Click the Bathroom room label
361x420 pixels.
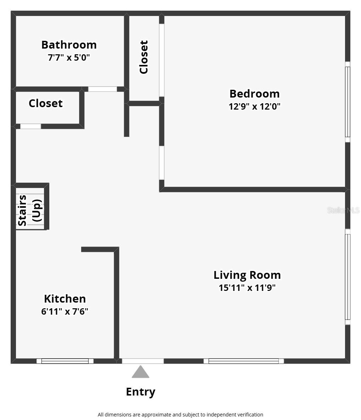coord(69,45)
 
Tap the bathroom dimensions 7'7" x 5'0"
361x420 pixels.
coord(69,57)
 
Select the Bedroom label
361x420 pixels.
coord(254,94)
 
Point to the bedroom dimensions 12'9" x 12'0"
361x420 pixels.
coord(254,106)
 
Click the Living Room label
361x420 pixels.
coord(247,275)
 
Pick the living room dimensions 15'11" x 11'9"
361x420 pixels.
coord(247,287)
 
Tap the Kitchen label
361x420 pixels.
coord(65,299)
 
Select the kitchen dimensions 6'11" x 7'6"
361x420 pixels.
coord(65,311)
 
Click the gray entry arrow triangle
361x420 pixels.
coord(140,372)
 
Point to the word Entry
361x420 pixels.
coord(140,392)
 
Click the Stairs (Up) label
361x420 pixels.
coord(30,210)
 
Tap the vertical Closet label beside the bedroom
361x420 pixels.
coord(144,57)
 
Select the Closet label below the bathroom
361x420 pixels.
coord(45,103)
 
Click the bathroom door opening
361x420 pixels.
coord(102,89)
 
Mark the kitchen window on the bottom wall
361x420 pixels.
coord(65,361)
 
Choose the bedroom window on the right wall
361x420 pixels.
coord(348,102)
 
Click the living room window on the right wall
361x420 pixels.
coord(348,277)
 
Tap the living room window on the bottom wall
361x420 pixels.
coord(244,361)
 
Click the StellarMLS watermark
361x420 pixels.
coord(343,210)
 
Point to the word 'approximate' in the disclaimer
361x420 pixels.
coord(156,414)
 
